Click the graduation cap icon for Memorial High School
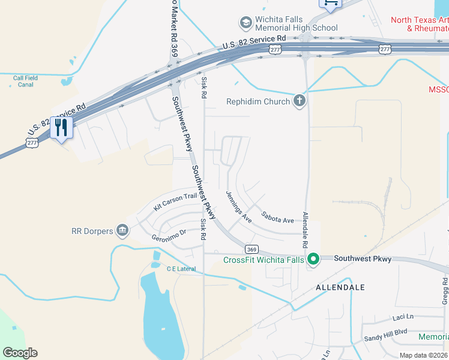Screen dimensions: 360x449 coord(245,23)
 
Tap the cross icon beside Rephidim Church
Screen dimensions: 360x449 coord(300,101)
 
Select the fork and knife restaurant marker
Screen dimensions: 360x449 coord(61,128)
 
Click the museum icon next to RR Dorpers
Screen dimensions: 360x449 coord(122,230)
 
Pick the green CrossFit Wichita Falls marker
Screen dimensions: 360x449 coord(313,259)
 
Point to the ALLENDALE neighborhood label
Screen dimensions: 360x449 coord(340,287)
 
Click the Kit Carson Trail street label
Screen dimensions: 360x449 coord(175,201)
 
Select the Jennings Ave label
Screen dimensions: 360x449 coord(239,208)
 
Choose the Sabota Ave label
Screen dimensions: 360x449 coord(278,217)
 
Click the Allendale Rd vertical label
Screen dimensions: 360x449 coord(306,231)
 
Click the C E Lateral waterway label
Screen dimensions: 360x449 coord(181,269)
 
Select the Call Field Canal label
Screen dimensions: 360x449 coord(25,81)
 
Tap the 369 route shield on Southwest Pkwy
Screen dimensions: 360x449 coord(252,248)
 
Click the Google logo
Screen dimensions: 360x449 coord(20,353)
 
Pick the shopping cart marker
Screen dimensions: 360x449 coord(330,4)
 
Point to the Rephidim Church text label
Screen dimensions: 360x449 coord(258,101)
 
